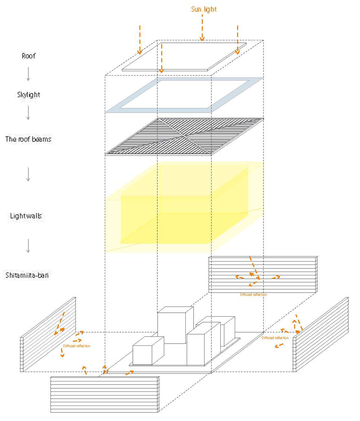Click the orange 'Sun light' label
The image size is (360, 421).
(x=204, y=9)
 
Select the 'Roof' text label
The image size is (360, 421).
(x=28, y=56)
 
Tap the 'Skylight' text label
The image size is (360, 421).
(x=28, y=95)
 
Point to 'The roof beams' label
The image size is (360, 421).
(x=28, y=139)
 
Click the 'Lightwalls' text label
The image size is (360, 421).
(x=26, y=216)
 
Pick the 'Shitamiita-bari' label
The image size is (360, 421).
(x=27, y=276)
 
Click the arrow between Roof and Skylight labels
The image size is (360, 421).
(x=28, y=75)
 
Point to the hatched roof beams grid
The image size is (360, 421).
(x=184, y=137)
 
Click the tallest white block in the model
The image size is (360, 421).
(x=175, y=324)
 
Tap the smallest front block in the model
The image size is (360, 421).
(x=148, y=350)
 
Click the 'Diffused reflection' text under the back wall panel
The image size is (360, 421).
(x=253, y=294)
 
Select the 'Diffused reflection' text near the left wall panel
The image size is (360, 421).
(x=77, y=346)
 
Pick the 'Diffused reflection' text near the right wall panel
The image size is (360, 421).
(x=275, y=338)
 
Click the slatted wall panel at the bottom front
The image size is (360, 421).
(x=105, y=394)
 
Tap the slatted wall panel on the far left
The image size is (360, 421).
(x=49, y=335)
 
